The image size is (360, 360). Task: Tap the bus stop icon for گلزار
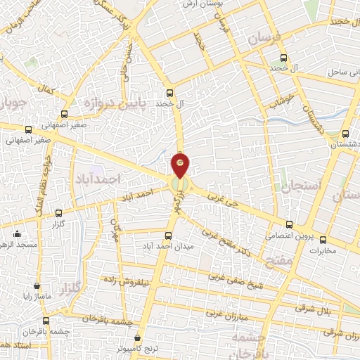pyautogui.click(x=58, y=212)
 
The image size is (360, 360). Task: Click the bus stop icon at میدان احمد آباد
pyautogui.click(x=168, y=236)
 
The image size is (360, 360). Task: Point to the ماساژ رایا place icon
pyautogui.click(x=37, y=285)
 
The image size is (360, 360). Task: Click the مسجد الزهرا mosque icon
pyautogui.click(x=18, y=234)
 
